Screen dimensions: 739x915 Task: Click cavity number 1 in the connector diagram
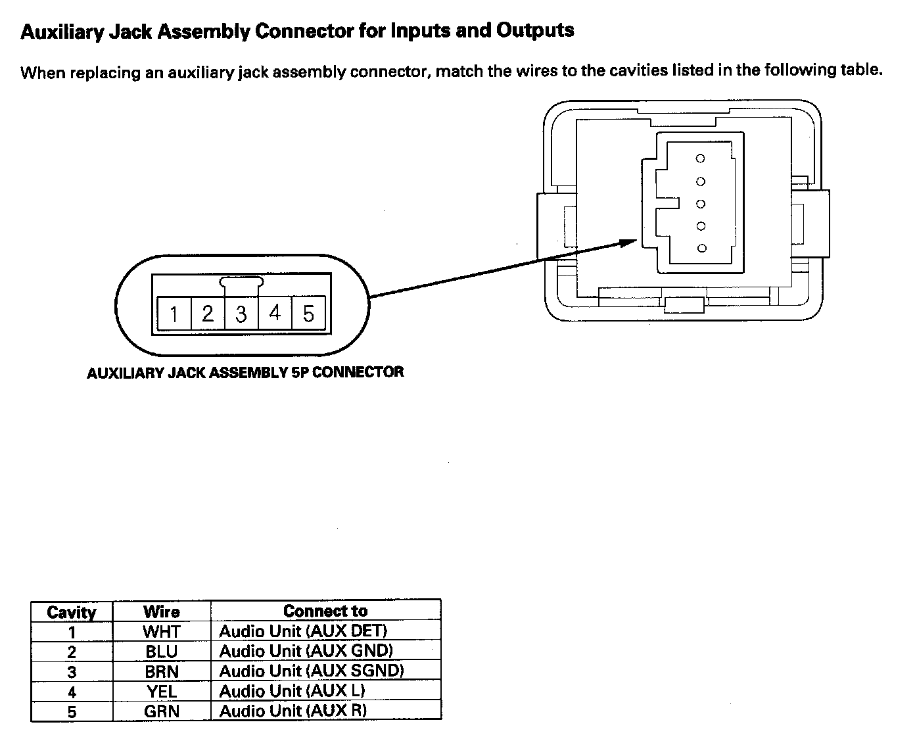(174, 314)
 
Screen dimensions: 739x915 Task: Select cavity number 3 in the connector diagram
(241, 314)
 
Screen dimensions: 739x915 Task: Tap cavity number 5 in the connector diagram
(308, 314)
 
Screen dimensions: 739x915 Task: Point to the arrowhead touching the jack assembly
(630, 242)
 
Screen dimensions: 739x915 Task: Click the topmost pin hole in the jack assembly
(701, 158)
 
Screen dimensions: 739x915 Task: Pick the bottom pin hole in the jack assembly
(701, 248)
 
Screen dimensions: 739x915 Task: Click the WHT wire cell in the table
(162, 632)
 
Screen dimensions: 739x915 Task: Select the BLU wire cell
(162, 652)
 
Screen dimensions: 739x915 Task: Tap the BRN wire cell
(162, 671)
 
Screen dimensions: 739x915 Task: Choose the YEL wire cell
(162, 691)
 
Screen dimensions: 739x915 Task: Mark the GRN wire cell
(162, 711)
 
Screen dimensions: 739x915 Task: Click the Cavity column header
(72, 612)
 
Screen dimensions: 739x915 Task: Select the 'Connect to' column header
(325, 611)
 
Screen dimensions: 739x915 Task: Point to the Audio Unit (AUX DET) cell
(303, 631)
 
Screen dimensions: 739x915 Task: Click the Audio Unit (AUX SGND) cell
(312, 671)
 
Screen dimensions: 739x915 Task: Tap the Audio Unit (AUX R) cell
(293, 711)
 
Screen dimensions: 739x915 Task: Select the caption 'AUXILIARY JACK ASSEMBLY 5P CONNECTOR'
(245, 373)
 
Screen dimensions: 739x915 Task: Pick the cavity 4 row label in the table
(72, 692)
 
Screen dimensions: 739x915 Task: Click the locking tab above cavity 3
(242, 283)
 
